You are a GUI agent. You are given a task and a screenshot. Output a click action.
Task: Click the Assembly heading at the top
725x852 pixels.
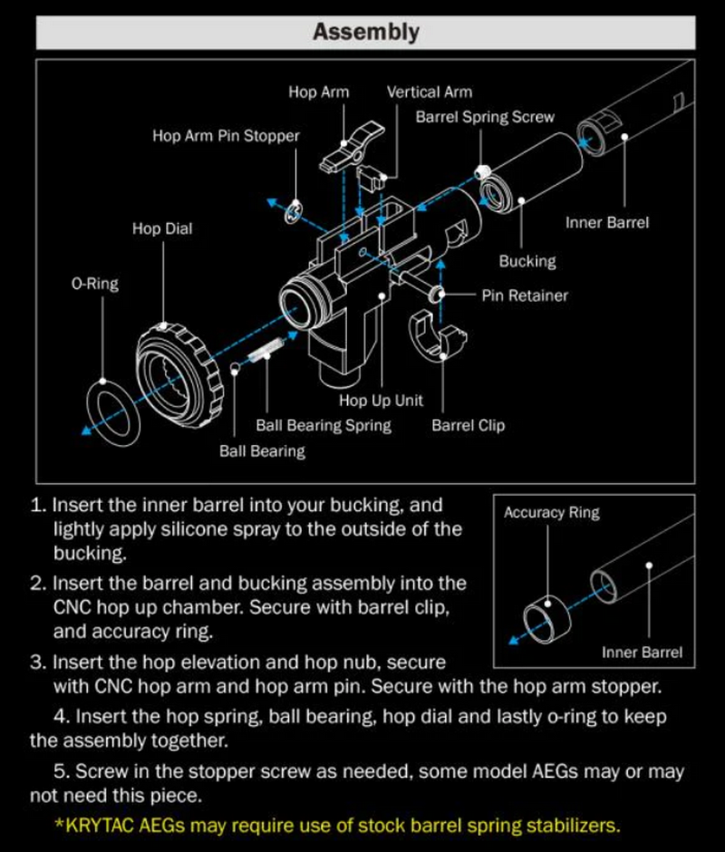(365, 32)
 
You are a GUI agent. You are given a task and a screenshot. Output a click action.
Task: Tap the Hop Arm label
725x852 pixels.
(318, 92)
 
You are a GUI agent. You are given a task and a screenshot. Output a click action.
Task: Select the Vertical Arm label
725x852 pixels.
(429, 92)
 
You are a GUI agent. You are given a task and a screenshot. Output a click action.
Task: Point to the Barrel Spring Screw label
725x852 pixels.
(484, 117)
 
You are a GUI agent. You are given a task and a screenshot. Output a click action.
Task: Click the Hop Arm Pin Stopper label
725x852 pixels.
(226, 136)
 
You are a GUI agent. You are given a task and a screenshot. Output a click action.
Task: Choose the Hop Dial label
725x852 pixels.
(162, 228)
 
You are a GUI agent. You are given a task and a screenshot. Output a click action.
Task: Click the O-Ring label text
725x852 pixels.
(95, 284)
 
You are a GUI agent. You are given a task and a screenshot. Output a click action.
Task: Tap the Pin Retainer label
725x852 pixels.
(525, 295)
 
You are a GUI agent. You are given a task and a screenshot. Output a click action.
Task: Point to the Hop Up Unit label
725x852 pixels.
(381, 401)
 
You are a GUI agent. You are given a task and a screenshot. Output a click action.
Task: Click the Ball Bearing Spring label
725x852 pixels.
(324, 424)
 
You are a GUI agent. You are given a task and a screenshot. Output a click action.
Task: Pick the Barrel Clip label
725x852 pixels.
(468, 424)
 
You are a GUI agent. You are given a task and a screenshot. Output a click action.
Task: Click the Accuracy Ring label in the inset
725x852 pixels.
(551, 512)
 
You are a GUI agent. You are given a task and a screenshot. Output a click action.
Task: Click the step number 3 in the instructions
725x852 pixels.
(37, 663)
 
